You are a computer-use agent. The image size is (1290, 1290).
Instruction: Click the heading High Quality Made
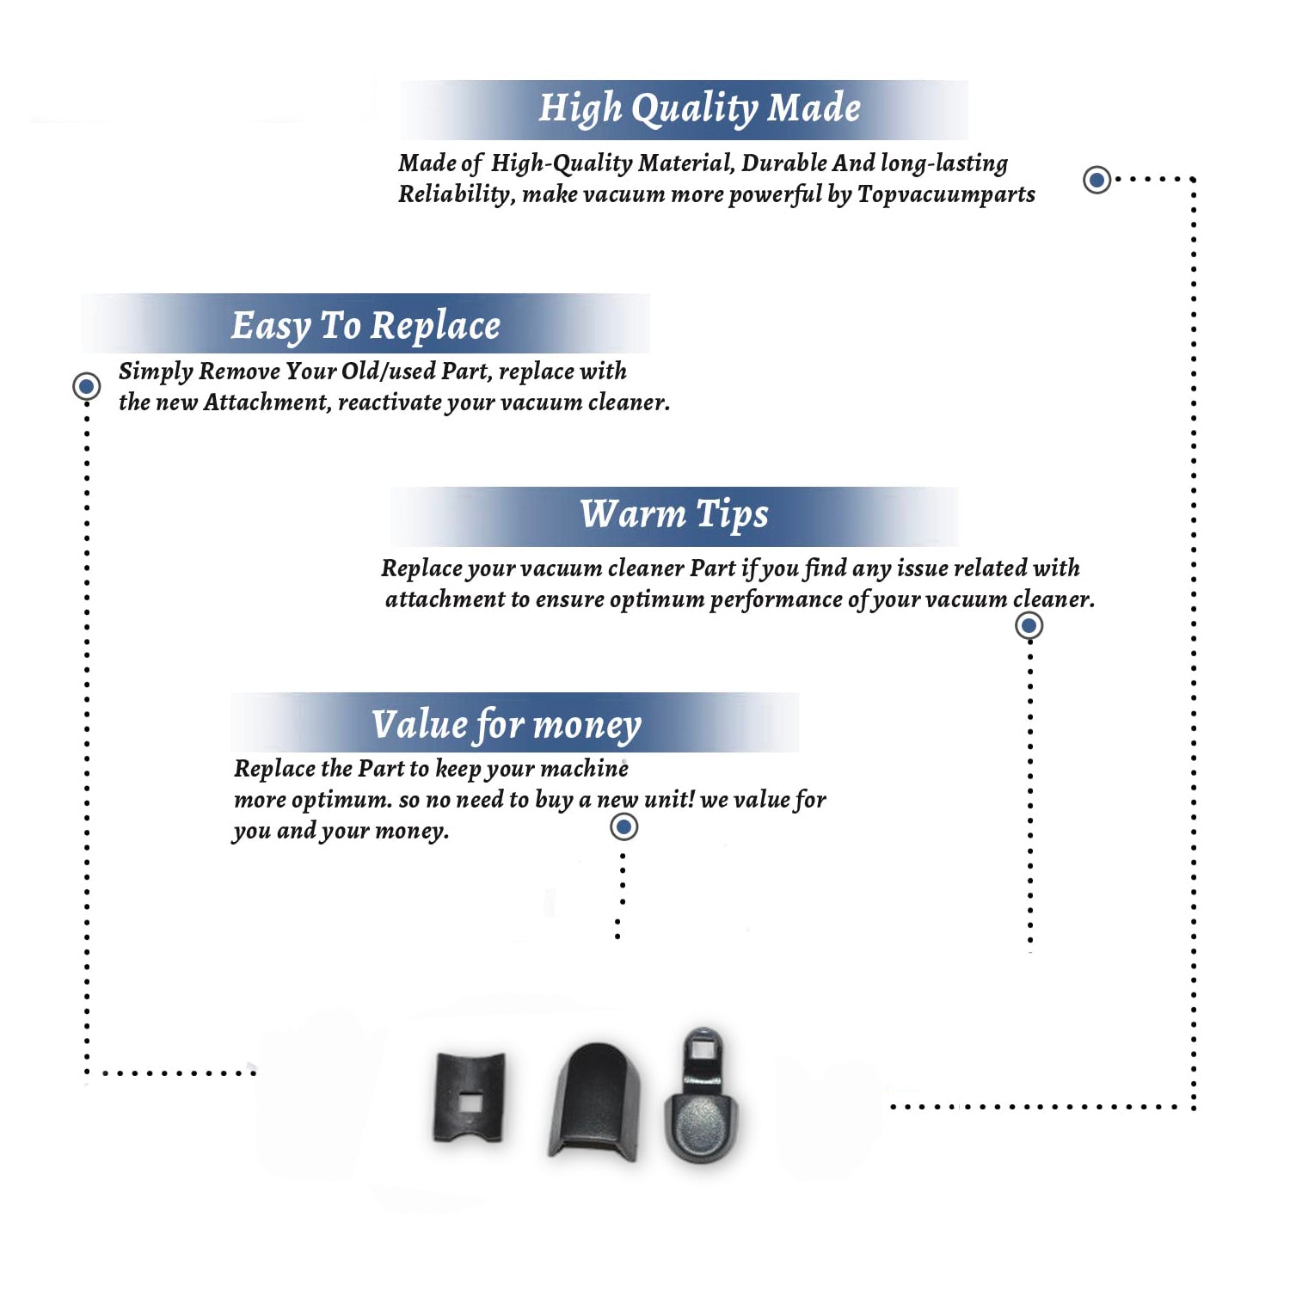click(699, 109)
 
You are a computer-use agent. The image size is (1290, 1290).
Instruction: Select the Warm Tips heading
click(673, 515)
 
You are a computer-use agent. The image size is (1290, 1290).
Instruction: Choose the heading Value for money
click(507, 725)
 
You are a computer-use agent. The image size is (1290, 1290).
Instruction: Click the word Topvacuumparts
click(946, 195)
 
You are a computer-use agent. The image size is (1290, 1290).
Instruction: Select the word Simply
click(156, 372)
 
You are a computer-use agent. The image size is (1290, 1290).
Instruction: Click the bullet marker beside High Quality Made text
click(1096, 180)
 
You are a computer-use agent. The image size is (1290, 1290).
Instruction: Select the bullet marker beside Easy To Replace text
click(86, 386)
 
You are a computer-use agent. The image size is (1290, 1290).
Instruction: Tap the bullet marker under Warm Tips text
click(1029, 625)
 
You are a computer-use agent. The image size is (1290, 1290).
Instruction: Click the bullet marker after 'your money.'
click(623, 827)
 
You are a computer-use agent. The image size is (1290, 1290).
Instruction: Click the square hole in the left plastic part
click(470, 1102)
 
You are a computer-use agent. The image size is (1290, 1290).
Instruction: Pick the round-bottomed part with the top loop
click(701, 1096)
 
